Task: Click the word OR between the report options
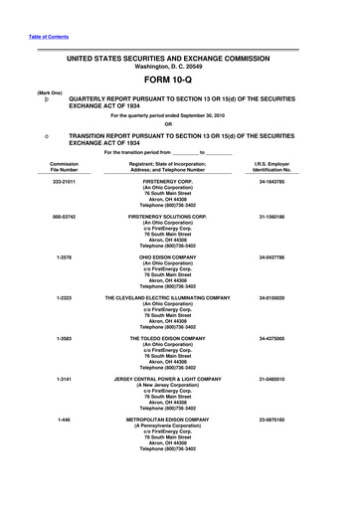click(181, 124)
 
